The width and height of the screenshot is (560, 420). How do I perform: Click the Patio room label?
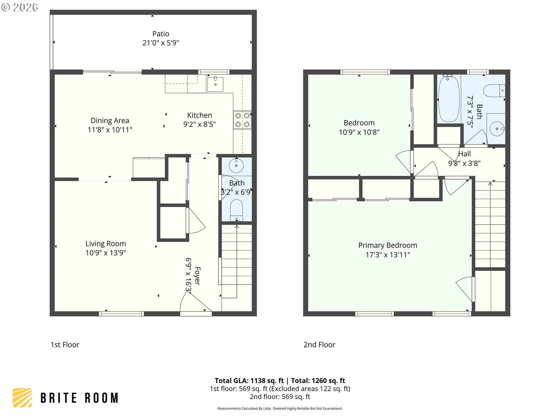coord(161,34)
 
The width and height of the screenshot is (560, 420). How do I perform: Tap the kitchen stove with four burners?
coord(242,120)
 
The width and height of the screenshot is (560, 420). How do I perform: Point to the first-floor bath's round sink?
coord(236,166)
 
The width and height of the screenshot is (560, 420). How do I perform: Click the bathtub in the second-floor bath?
coord(449,99)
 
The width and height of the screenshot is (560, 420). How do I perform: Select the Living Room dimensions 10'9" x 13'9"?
coord(106,253)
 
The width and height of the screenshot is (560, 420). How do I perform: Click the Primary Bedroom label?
coord(388,246)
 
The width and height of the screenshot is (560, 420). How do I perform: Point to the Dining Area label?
coord(110,121)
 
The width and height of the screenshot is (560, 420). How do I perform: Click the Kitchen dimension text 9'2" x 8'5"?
coord(199,125)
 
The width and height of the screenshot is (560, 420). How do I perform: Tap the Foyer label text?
coord(197,276)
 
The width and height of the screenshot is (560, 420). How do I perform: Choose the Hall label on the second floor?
coord(464,154)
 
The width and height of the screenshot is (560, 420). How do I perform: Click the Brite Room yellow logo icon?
coord(22,398)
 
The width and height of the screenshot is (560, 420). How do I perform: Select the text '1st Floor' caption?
coord(65,345)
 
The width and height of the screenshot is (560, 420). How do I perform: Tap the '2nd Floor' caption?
coord(319,345)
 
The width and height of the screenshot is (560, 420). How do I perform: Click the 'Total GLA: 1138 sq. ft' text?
coord(249,381)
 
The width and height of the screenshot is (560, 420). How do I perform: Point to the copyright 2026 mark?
coord(20,7)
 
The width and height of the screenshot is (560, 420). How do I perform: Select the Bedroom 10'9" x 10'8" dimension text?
coord(359,132)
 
